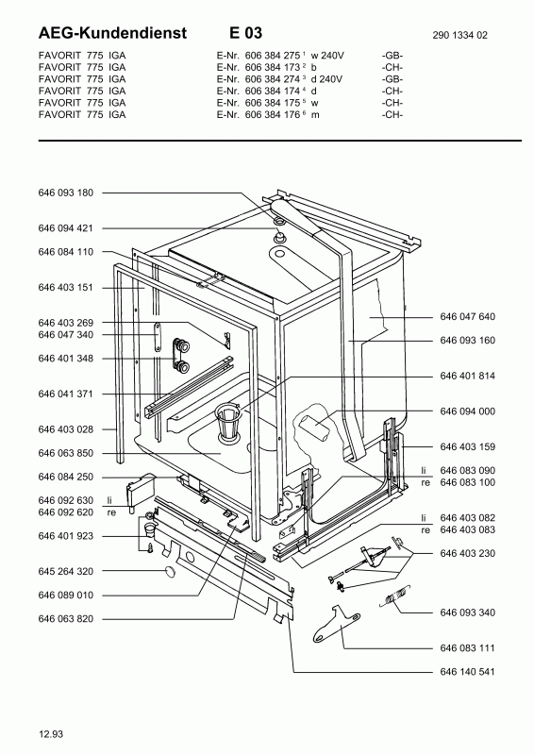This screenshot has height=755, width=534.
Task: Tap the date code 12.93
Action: [x=52, y=734]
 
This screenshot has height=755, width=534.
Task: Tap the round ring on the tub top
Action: [x=280, y=235]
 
